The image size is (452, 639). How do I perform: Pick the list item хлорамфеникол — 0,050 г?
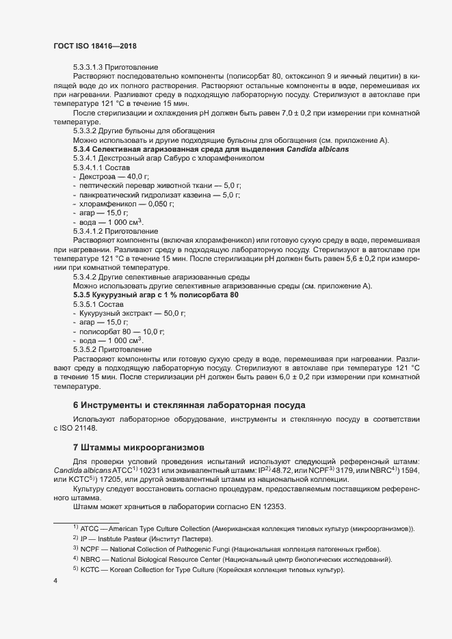pyautogui.click(x=127, y=204)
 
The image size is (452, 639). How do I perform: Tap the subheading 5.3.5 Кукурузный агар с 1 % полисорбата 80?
pyautogui.click(x=156, y=295)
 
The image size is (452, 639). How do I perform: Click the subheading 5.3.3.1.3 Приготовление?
pyautogui.click(x=116, y=67)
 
